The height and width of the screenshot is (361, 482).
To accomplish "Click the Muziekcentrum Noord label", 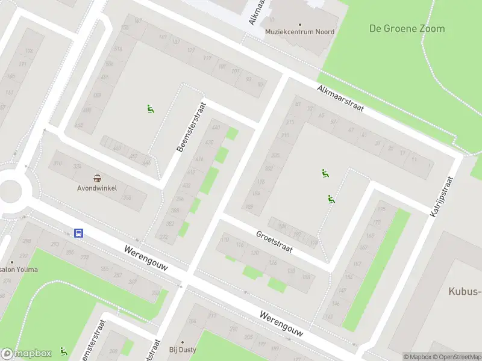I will pos(300,31).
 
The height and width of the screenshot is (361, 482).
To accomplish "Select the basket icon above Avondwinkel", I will pos(97,177).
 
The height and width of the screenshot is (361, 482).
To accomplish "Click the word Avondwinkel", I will pos(97,187).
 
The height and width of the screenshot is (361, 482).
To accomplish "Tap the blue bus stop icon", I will pos(78,233).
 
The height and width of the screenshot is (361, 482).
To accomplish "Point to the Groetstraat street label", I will pos(274,242).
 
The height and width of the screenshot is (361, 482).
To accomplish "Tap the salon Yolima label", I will pos(19,269).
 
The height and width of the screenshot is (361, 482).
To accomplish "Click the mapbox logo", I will pos(27,354).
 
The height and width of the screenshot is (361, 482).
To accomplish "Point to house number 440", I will pos(216,128).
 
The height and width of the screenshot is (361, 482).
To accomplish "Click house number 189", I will pos(249,208).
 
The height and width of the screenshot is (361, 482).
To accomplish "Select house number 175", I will pos(380,209).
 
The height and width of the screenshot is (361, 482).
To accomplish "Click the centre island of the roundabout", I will pos(9,191).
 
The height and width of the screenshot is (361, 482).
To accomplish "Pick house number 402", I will pos(186,185).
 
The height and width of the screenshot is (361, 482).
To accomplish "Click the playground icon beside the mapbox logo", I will pos(64,351).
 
